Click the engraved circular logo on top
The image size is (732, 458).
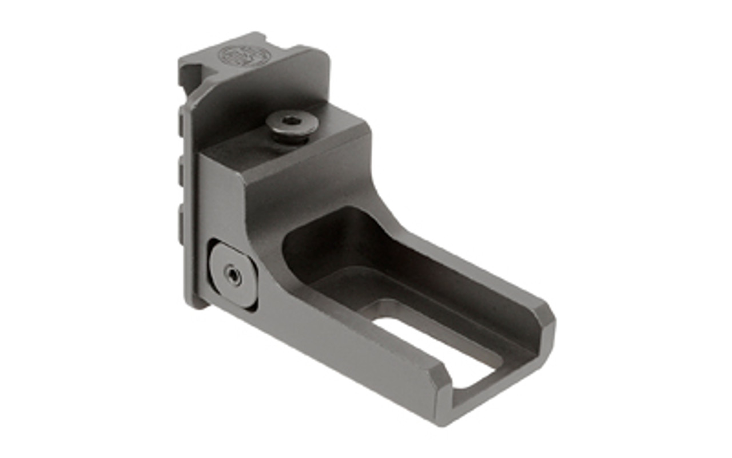tap(245, 56)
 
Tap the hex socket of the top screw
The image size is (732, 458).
tap(292, 120)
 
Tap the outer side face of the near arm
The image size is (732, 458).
tap(343, 349)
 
